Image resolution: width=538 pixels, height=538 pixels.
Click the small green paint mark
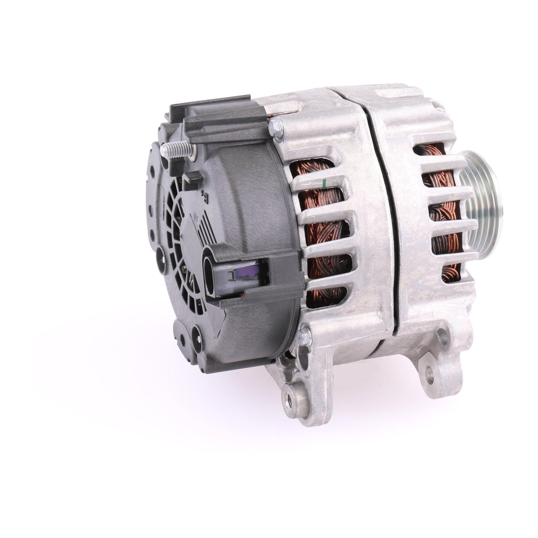click(x=325, y=182)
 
